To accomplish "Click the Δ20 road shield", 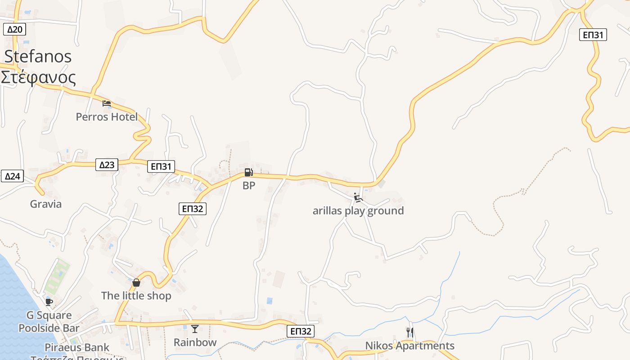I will (15, 30).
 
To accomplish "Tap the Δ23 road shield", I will (107, 165).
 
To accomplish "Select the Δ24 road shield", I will (12, 176).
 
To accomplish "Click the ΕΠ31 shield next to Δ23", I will (161, 166).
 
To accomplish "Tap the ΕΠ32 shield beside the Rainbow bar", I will (301, 331).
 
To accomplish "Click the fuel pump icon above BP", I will (248, 172).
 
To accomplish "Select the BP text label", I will (249, 185).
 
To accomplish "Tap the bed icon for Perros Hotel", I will (107, 103).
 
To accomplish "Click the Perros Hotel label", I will (107, 117).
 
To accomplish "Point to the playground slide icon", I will (358, 198).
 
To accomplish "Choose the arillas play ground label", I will (358, 211).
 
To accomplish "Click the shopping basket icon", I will (136, 283).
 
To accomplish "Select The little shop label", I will (136, 296).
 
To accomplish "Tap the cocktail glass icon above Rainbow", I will (195, 329).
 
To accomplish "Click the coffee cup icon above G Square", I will (49, 301).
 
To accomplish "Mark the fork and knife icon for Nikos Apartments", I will (409, 333).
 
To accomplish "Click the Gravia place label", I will (46, 204).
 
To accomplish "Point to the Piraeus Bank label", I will (77, 347).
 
